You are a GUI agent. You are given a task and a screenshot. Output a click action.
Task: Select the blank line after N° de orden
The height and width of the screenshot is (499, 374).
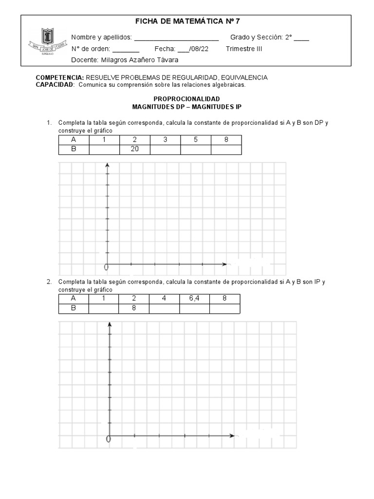point(126,49)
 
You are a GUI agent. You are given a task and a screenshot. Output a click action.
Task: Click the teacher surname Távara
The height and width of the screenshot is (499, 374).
point(167,60)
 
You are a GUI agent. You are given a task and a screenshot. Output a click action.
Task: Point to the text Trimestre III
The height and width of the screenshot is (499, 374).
point(244,49)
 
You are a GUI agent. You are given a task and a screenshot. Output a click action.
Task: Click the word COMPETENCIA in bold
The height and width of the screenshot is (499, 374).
point(60,77)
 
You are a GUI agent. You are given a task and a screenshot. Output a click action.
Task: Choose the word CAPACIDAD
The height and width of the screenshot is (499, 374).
point(55,84)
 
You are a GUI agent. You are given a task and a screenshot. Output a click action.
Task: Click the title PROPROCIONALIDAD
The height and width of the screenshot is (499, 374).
point(187,99)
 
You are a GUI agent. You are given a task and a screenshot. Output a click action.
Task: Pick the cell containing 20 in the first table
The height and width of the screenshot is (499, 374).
point(135,149)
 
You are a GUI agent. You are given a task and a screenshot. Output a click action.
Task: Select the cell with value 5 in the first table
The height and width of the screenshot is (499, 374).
point(195,140)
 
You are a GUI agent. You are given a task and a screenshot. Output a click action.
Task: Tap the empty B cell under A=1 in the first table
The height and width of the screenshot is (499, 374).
point(104,149)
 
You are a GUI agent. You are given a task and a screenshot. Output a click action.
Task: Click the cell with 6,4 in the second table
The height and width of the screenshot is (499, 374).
point(194,299)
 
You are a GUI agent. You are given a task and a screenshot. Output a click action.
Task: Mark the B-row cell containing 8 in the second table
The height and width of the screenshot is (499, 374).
point(133,308)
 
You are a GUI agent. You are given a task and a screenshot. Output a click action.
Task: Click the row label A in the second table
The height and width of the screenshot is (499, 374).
point(74,299)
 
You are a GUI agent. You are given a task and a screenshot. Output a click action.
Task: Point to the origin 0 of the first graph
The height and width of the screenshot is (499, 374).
point(106,267)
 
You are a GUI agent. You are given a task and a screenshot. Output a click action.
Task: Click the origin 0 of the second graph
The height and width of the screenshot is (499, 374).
point(109,439)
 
